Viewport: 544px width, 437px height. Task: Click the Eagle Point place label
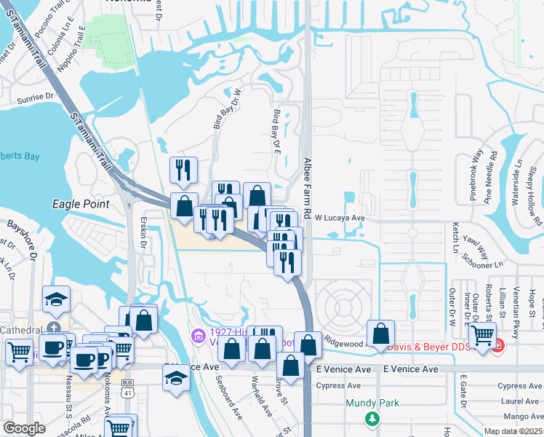pyautogui.click(x=80, y=205)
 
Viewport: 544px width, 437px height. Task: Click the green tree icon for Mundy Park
pyautogui.click(x=372, y=418)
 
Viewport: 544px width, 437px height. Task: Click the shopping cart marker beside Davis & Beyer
pyautogui.click(x=482, y=336)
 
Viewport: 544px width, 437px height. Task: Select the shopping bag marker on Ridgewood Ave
pyautogui.click(x=380, y=334)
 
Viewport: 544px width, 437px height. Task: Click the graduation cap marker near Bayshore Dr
pyautogui.click(x=55, y=299)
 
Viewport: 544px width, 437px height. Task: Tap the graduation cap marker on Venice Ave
pyautogui.click(x=175, y=379)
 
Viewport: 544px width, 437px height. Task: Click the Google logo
pyautogui.click(x=24, y=428)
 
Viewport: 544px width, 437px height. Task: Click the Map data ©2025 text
pyautogui.click(x=513, y=431)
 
